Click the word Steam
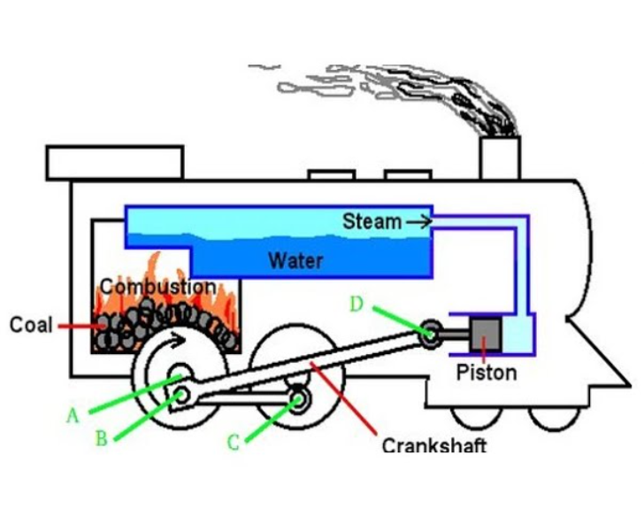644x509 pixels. point(372,221)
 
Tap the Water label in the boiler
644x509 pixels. point(295,261)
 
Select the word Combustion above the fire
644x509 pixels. point(157,287)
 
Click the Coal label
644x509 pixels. point(31,325)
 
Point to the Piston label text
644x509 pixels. point(486,372)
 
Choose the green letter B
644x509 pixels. point(103,438)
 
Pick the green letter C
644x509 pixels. point(234,442)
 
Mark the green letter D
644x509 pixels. point(356,305)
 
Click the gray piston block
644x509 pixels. point(486,334)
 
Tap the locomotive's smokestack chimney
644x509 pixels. point(500,158)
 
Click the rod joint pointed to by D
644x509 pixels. point(431,335)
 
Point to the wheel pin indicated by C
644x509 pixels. point(301,399)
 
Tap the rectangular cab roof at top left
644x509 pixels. point(115,161)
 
